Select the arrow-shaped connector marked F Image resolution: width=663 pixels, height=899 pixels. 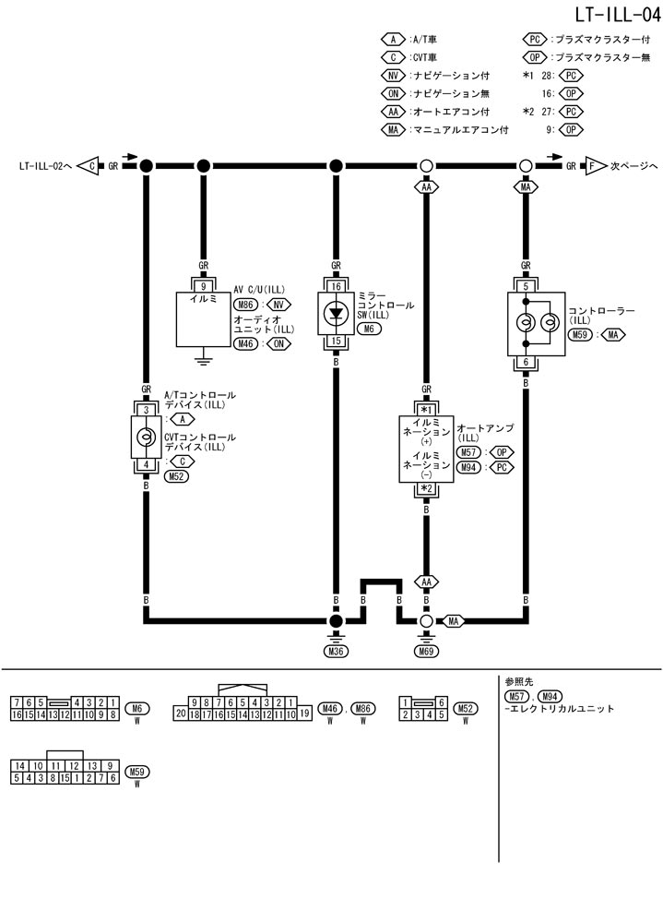point(593,166)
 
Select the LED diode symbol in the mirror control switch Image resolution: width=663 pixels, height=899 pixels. point(336,313)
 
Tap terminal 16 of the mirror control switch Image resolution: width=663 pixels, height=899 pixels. point(336,286)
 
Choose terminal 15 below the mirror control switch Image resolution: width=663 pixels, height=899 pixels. point(336,342)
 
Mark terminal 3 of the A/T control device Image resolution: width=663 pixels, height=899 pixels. point(146,408)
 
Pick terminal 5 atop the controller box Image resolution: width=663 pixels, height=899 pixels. point(526,286)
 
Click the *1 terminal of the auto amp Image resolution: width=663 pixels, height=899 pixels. point(426,409)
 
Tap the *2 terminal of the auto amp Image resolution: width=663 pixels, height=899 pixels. point(426,488)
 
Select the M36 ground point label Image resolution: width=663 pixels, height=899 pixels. point(336,652)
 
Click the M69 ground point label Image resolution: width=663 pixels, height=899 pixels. point(426,652)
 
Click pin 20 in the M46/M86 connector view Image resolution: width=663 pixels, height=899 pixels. point(182,713)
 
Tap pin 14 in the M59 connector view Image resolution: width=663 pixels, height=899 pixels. point(19,766)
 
